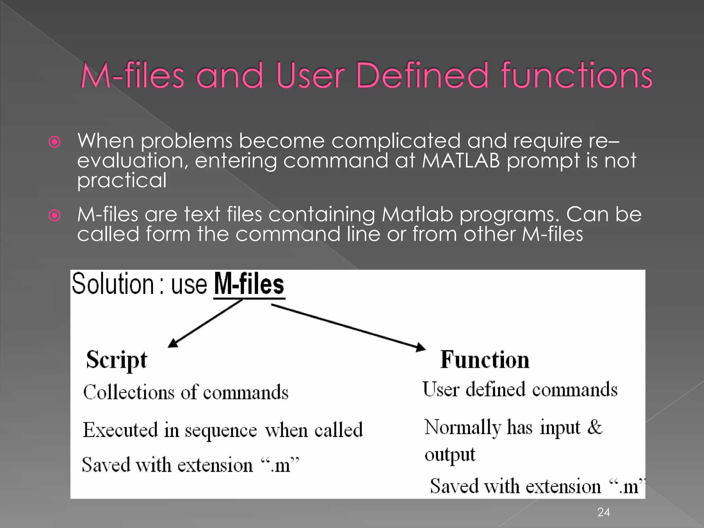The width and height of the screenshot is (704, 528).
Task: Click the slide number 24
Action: coord(604,512)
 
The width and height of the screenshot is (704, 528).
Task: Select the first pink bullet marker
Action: coord(55,142)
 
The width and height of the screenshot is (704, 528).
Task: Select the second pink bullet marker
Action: coord(55,216)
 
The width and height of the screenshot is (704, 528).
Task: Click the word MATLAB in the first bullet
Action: coord(461,161)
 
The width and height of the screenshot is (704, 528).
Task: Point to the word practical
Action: coord(122,180)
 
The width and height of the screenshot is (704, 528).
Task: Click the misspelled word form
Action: coord(168,234)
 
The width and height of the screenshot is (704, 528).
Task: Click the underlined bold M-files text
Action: coord(249,284)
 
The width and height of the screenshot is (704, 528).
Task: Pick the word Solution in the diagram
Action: coord(112,284)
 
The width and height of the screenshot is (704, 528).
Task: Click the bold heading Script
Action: coord(117,360)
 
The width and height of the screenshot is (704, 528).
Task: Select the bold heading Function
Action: coord(485,360)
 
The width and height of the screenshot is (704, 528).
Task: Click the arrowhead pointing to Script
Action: coord(173,343)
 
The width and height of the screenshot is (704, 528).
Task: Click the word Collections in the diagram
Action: coord(129,392)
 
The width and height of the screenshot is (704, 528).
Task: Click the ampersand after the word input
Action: coord(594,427)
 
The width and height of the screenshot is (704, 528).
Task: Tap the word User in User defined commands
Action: coord(441,390)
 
